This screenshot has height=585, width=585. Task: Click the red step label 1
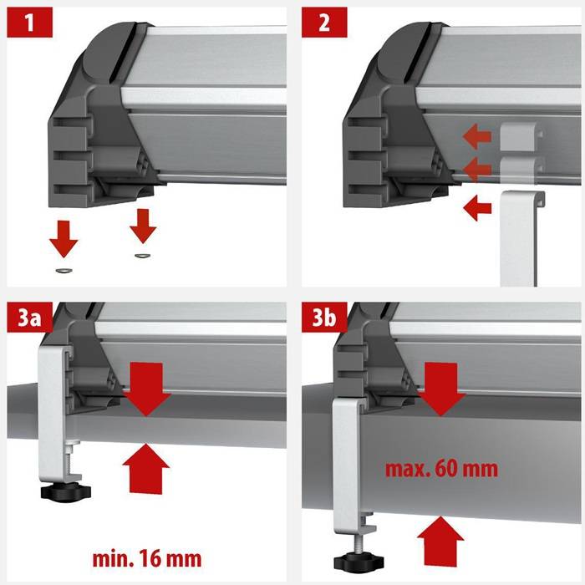point(30,22)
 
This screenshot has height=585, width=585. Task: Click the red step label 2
point(324,22)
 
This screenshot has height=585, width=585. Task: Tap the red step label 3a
point(30,317)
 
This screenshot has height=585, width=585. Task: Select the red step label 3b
point(324,317)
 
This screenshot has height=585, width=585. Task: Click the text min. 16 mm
point(147,558)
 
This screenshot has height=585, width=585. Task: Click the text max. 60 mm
point(441,469)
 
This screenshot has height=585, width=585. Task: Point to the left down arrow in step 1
point(64,239)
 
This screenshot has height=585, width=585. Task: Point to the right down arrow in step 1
point(143,226)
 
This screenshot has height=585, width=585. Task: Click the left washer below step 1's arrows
point(64,270)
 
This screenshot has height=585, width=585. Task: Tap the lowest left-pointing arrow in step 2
point(477,207)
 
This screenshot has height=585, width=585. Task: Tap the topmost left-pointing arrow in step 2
point(477,136)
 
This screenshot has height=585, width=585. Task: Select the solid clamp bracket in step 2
point(521,239)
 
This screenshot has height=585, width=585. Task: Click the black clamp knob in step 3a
point(66,491)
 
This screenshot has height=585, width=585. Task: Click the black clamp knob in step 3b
point(359,562)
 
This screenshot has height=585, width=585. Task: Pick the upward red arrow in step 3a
point(146,470)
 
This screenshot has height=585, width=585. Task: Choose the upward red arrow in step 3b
point(440,541)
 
